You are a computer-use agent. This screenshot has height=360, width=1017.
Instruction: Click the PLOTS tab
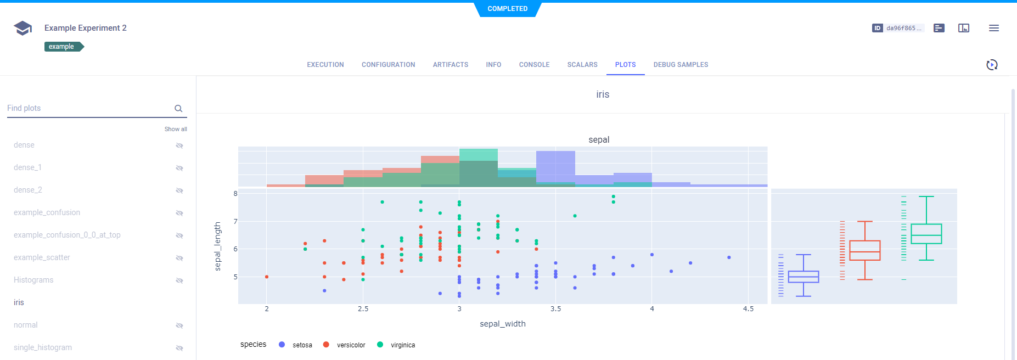click(x=625, y=65)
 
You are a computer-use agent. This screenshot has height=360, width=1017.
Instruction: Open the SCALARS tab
click(x=582, y=65)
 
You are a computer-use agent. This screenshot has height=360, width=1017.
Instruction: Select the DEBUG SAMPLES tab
click(x=681, y=65)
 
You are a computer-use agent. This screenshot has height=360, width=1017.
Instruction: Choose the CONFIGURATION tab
click(x=388, y=65)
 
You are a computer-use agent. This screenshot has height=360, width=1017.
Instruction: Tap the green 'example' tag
click(x=63, y=47)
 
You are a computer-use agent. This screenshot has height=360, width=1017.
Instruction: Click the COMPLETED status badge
click(x=508, y=9)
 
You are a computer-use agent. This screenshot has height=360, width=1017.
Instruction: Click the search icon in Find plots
click(x=178, y=109)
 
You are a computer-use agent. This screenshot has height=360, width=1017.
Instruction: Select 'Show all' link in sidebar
click(x=176, y=129)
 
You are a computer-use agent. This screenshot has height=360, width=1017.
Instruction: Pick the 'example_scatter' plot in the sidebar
click(x=42, y=257)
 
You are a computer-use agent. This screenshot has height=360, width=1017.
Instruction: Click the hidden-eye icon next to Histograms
click(x=179, y=280)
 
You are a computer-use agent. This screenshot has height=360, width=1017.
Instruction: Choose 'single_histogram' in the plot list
click(x=43, y=347)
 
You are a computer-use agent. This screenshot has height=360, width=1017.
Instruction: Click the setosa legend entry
click(x=301, y=345)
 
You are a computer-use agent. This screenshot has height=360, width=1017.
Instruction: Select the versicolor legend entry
click(x=350, y=345)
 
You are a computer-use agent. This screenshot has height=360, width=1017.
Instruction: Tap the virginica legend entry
click(x=402, y=345)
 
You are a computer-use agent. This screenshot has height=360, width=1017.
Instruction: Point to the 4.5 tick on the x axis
click(x=748, y=309)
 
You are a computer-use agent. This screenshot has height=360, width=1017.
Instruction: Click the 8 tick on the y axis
click(x=235, y=194)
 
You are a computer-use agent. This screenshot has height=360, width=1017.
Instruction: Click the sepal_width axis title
click(x=502, y=324)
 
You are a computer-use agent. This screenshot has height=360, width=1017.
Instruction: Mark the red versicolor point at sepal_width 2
click(x=267, y=277)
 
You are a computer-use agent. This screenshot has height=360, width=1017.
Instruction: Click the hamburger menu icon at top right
click(x=993, y=28)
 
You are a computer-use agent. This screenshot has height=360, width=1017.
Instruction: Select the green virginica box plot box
click(x=926, y=234)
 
